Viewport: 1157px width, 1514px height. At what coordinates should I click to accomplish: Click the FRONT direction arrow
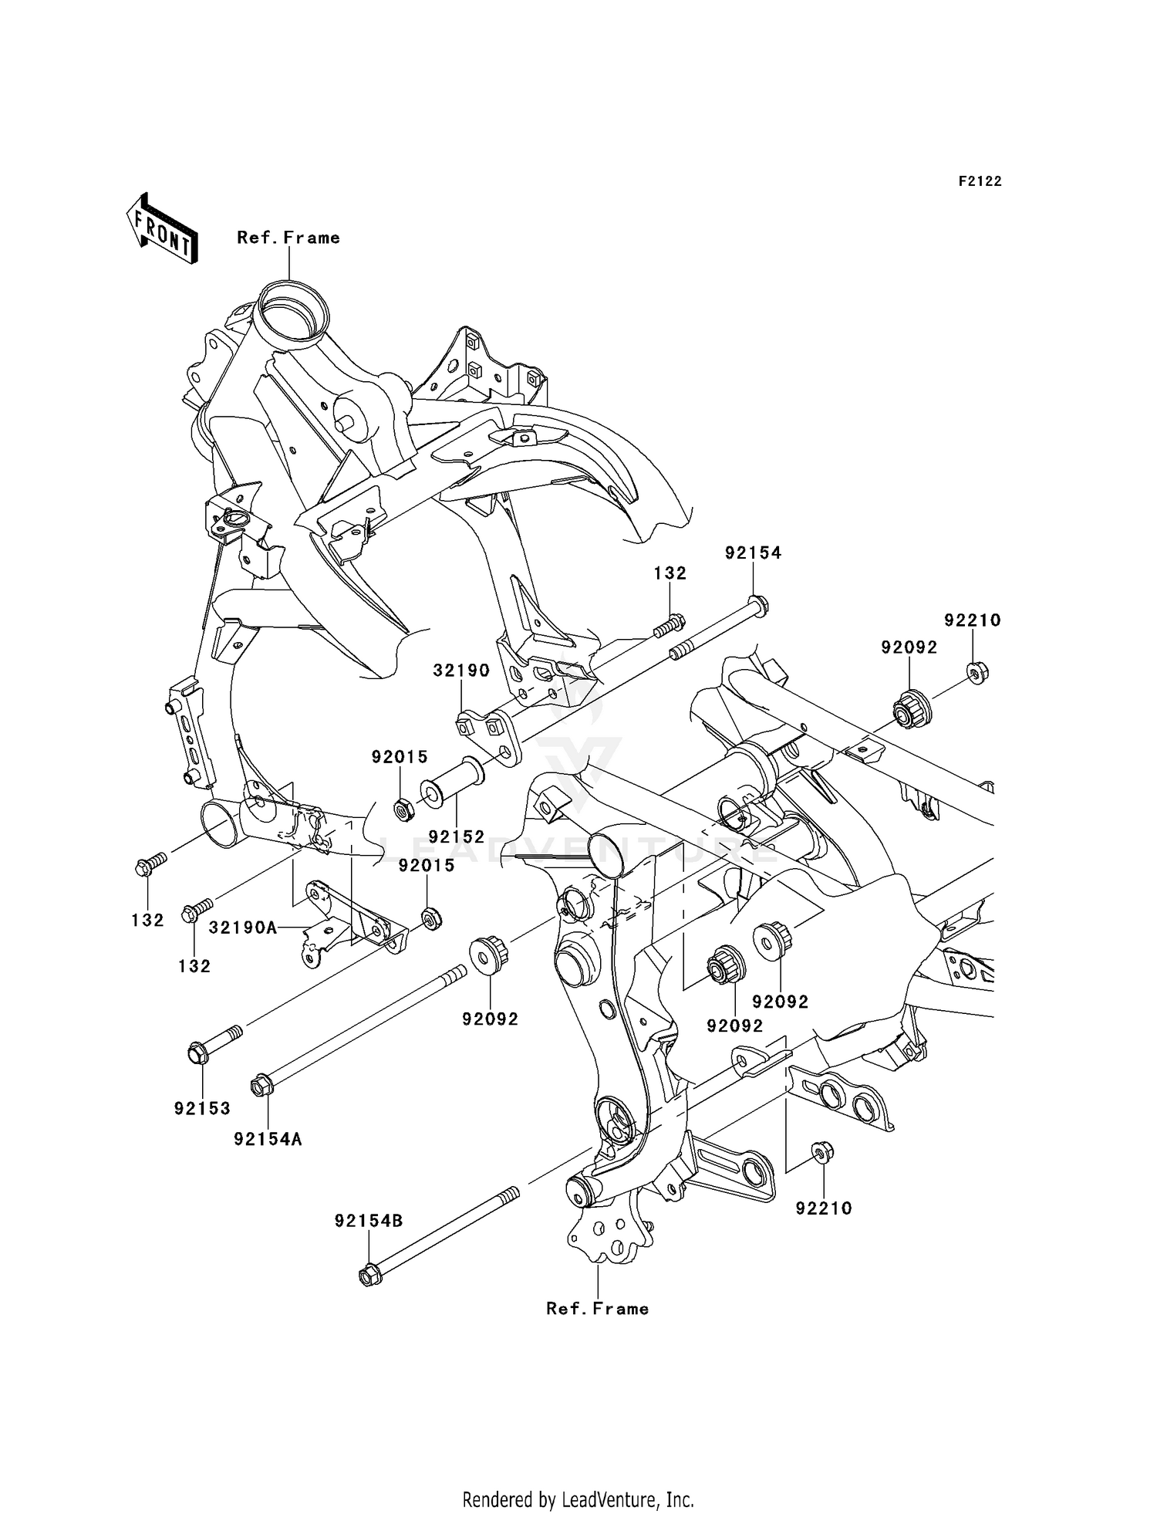click(163, 229)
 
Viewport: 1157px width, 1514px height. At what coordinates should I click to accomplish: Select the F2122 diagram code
click(980, 181)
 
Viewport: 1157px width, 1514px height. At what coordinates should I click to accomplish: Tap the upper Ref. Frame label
click(288, 238)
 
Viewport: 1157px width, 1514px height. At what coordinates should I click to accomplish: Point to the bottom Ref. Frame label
click(598, 1309)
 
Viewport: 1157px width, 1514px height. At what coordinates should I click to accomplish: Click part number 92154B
click(369, 1222)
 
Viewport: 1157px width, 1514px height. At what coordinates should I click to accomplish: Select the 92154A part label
click(268, 1139)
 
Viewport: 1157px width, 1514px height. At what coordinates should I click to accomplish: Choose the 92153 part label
click(202, 1109)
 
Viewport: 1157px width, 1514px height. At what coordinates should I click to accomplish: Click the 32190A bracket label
click(243, 928)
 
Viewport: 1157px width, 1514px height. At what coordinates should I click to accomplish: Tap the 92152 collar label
click(457, 836)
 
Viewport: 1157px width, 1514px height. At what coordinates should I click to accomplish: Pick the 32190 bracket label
click(461, 671)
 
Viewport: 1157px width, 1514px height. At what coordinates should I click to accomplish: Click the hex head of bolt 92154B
click(370, 1276)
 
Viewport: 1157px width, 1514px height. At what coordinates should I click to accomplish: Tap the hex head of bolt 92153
click(197, 1053)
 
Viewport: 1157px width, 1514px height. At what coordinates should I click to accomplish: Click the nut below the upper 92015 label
click(402, 809)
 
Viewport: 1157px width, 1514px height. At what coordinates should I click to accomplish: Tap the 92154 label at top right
click(753, 553)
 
